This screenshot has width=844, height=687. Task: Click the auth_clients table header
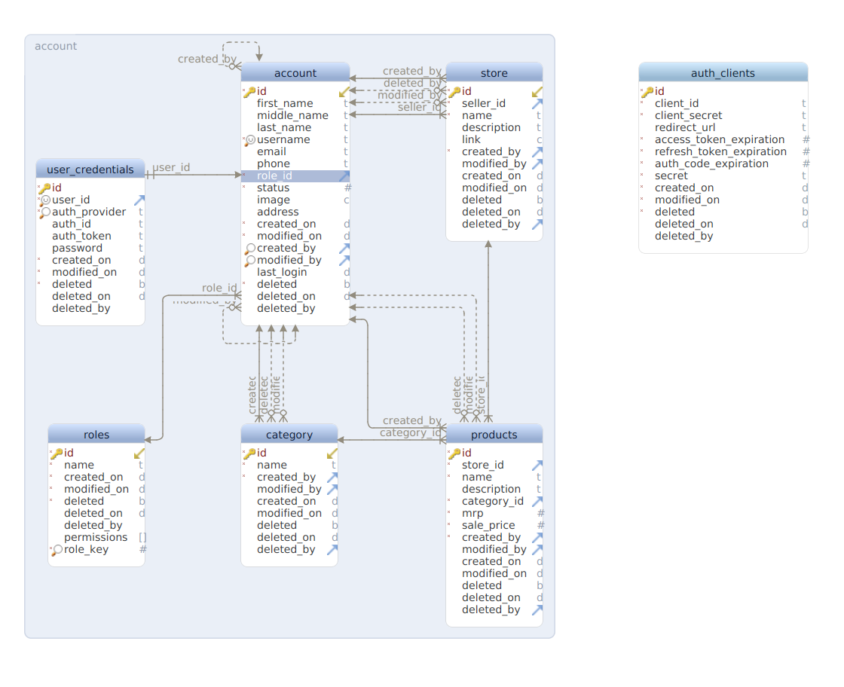click(723, 73)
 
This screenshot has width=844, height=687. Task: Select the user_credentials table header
click(90, 169)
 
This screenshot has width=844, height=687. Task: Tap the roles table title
click(96, 435)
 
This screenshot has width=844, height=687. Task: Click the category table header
click(289, 435)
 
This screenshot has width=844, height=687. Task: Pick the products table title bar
click(494, 435)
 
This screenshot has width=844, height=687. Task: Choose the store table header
click(494, 73)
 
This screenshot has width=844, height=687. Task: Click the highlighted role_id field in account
click(274, 176)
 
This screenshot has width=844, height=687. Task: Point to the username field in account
click(283, 139)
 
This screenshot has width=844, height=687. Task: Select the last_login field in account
click(282, 272)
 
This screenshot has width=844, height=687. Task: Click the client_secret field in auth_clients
click(688, 115)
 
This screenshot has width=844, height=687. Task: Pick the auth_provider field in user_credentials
click(89, 212)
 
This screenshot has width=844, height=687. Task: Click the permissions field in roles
click(96, 537)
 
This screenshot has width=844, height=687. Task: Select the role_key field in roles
click(86, 549)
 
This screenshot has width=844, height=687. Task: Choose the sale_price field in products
click(488, 525)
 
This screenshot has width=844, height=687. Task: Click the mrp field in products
click(472, 513)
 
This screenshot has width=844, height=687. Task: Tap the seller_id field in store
click(484, 103)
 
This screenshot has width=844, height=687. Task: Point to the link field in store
click(471, 139)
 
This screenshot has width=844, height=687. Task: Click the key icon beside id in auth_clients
click(647, 91)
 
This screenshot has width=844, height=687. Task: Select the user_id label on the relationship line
click(171, 167)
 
